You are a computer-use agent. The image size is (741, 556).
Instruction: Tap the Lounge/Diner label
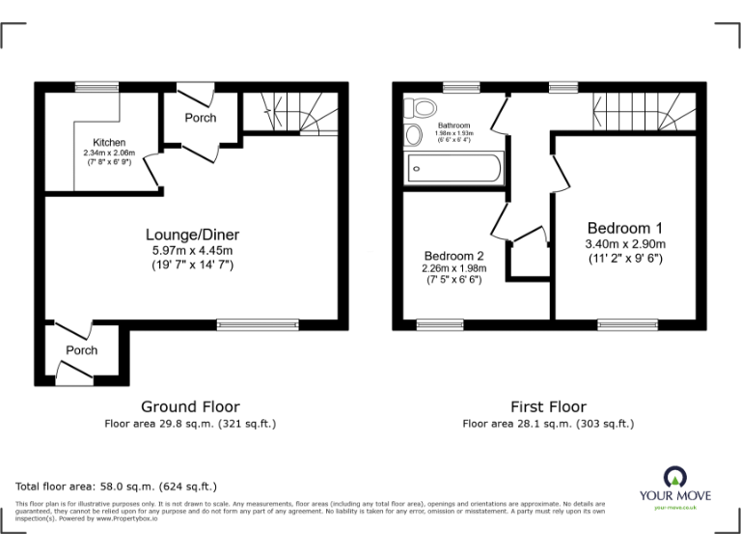pyautogui.click(x=192, y=235)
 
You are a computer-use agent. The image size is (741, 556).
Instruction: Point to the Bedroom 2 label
pyautogui.click(x=453, y=256)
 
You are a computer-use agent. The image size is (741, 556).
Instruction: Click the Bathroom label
pyautogui.click(x=453, y=125)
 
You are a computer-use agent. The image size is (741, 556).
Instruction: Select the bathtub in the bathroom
pyautogui.click(x=454, y=168)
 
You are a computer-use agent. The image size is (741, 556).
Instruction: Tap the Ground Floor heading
pyautogui.click(x=190, y=406)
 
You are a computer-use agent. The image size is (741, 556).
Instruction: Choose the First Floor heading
pyautogui.click(x=548, y=406)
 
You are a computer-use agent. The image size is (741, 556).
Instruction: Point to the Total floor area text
pyautogui.click(x=117, y=486)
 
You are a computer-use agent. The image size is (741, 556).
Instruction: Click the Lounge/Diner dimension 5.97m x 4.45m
pyautogui.click(x=192, y=250)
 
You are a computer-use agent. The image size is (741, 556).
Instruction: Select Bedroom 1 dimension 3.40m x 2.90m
pyautogui.click(x=626, y=243)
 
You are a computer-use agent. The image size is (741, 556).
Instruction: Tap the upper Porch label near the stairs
pyautogui.click(x=201, y=118)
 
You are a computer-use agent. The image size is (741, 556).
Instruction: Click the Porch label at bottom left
pyautogui.click(x=81, y=350)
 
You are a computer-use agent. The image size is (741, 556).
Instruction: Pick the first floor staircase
pyautogui.click(x=643, y=108)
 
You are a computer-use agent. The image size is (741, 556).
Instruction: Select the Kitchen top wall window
pyautogui.click(x=92, y=86)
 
